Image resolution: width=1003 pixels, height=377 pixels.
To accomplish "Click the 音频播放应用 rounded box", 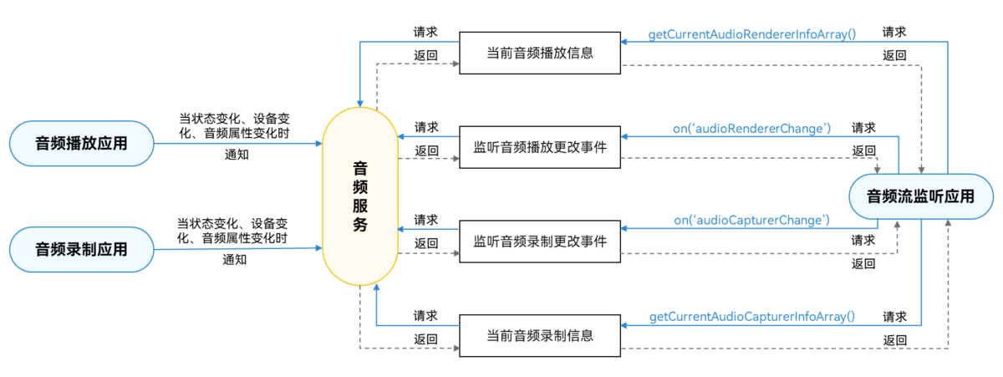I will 81,142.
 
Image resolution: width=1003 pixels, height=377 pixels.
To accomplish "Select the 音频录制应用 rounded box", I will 81,249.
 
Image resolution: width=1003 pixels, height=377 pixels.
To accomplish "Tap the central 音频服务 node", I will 360,196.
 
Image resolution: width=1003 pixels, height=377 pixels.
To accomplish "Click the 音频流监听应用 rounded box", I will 920,197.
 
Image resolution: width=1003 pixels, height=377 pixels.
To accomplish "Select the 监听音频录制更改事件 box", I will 540,241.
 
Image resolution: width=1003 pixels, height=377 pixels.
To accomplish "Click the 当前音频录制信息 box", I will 540,335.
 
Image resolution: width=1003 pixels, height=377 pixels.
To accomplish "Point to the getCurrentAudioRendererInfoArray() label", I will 751,35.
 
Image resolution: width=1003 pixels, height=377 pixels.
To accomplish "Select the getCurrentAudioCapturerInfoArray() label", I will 751,317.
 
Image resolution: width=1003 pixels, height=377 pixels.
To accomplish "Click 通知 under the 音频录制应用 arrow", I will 235,260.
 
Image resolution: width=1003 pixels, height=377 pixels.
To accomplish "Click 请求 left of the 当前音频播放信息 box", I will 425,33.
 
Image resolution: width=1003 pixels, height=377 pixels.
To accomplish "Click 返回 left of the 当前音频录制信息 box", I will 425,339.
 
